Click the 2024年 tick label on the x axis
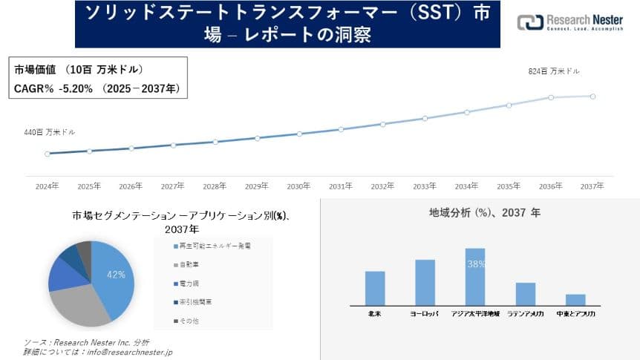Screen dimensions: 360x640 pos(47,186)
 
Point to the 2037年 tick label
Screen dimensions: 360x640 pos(592,186)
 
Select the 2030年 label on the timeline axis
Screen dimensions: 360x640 pos(298,186)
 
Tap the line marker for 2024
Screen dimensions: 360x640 pos(48,154)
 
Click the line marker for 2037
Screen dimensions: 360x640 pos(592,96)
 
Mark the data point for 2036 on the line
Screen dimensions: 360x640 pos(551,97)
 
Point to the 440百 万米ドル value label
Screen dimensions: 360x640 pos(49,132)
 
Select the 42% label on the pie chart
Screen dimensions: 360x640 pos(116,275)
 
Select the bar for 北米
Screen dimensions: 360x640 pos(375,288)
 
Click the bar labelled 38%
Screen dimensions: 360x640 pos(475,277)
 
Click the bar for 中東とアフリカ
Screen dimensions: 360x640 pos(575,300)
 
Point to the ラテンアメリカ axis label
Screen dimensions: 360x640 pos(526,315)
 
